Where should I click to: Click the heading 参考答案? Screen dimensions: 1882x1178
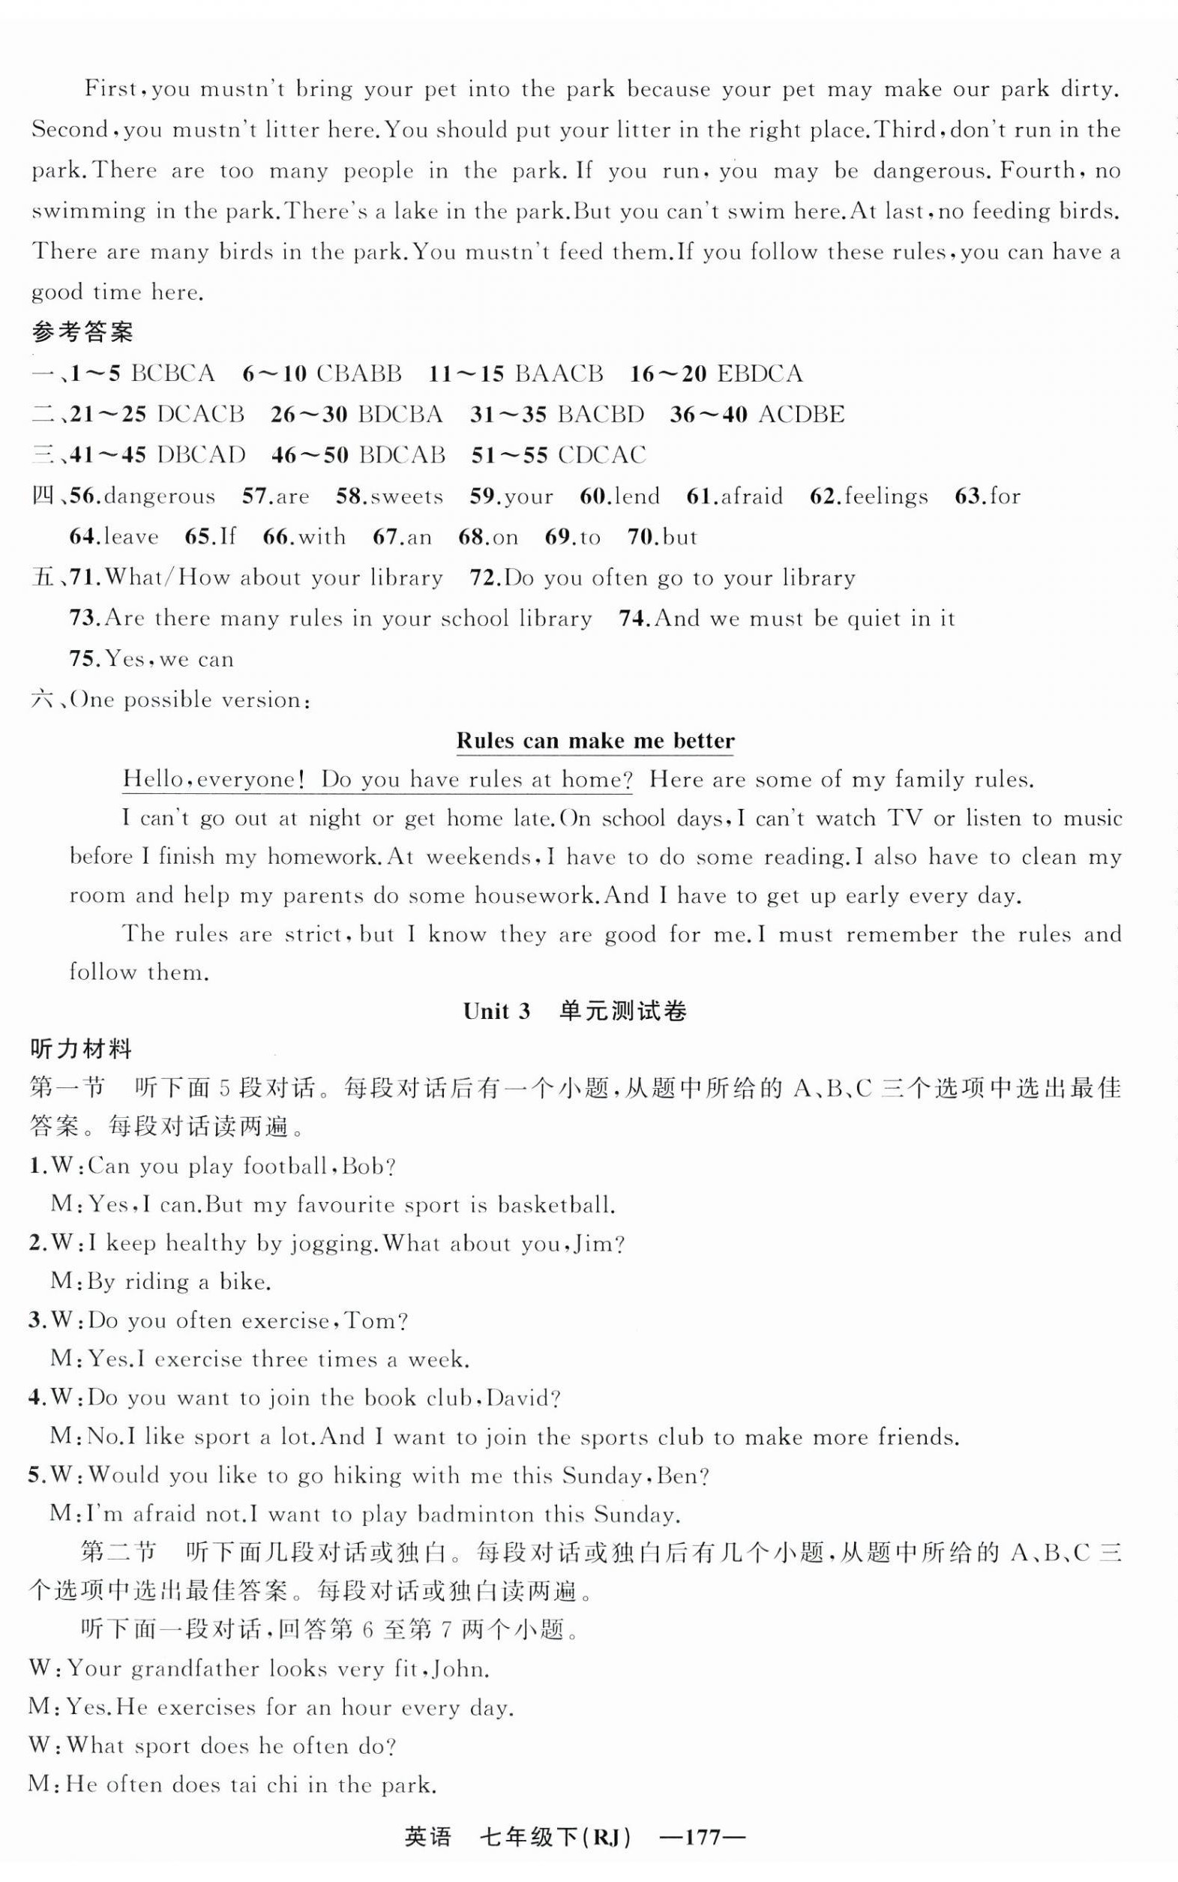coord(82,333)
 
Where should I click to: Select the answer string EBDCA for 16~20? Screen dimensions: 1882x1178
coord(759,374)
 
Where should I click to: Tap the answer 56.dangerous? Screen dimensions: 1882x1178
coord(142,496)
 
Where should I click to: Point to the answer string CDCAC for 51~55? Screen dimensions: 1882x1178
coord(602,455)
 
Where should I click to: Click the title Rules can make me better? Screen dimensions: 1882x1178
coord(595,740)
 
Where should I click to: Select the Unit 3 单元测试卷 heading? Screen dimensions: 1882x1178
coord(575,1011)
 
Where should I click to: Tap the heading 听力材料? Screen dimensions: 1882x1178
coord(81,1049)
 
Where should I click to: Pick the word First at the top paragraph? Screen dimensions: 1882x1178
coord(111,88)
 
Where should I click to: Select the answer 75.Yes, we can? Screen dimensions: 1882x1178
coord(152,659)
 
